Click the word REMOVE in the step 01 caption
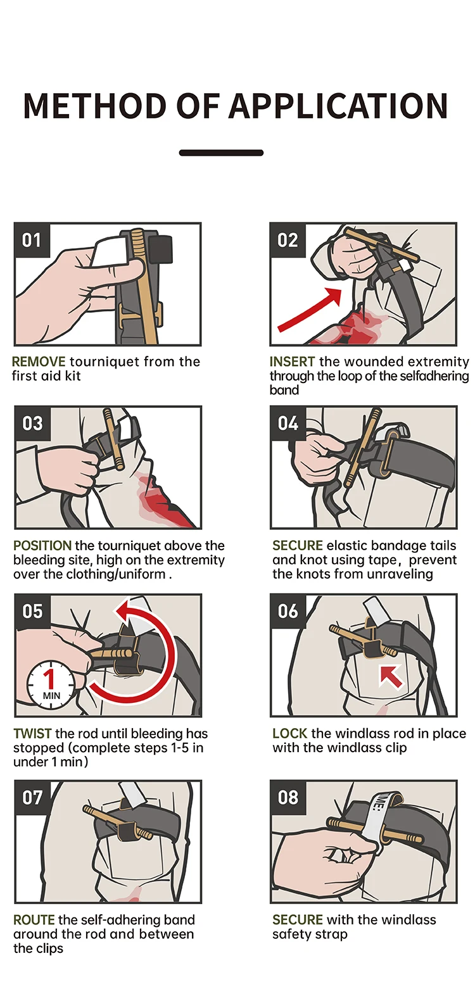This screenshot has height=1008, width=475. point(39,362)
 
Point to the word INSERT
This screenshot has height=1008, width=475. point(292,362)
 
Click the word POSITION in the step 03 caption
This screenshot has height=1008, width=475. point(42,546)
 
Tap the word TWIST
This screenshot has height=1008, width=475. point(32,734)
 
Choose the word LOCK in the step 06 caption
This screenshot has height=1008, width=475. point(289,734)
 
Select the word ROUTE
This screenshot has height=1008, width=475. point(34,920)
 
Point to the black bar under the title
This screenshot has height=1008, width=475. point(221,153)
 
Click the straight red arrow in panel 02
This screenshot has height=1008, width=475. point(308,310)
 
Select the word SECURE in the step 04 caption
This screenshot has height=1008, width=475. point(298,546)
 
